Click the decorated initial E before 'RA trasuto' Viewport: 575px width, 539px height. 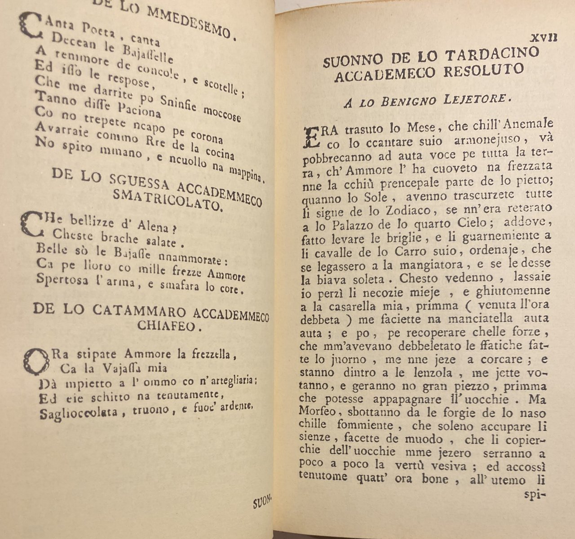point(312,136)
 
